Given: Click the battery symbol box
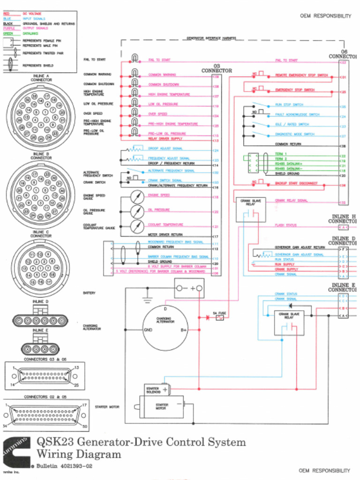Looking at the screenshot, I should (189, 288).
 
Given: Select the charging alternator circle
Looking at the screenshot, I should (165, 328).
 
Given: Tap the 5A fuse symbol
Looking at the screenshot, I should (219, 317).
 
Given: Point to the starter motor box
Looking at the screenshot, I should (161, 406).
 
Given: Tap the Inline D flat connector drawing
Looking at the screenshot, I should (40, 321).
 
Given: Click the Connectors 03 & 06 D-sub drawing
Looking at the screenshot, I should (45, 376).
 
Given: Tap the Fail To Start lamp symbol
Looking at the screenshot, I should (135, 59).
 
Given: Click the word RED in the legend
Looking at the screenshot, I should (7, 14).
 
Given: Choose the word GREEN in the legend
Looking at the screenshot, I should (8, 33).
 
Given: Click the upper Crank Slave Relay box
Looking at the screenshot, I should (251, 209).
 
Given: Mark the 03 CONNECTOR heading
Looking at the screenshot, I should (217, 68).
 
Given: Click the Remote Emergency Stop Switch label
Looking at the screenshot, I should (301, 75).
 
